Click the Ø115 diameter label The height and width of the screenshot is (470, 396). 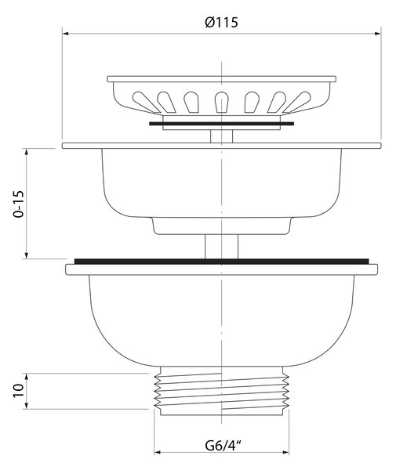tap(221, 23)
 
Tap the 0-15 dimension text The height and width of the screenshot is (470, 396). tap(18, 204)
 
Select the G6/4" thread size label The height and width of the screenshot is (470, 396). tap(223, 446)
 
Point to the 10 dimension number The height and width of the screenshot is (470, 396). tap(18, 390)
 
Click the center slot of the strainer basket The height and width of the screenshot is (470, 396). tap(221, 102)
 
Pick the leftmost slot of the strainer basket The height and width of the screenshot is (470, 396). tap(146, 103)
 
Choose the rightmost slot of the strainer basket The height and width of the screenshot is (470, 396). tap(297, 103)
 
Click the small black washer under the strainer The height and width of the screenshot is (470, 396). tap(221, 124)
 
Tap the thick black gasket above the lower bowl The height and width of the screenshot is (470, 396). tap(221, 262)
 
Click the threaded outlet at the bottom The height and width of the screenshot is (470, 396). tap(221, 391)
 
